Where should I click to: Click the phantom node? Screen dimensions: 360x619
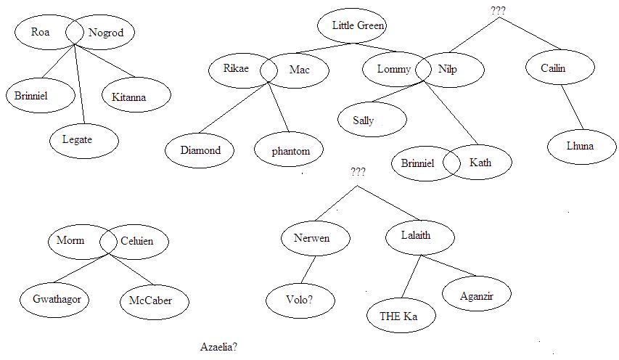pos(290,151)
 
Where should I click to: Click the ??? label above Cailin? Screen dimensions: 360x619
pos(499,11)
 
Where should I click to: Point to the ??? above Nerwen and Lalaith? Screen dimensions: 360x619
pos(358,172)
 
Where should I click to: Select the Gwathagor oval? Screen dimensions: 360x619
pos(55,300)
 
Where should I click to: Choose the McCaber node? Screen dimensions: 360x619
pos(151,300)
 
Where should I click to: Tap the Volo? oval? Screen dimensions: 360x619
pos(300,299)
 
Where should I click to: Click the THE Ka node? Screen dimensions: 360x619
pos(398,316)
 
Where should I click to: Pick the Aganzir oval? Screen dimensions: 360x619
pos(477,295)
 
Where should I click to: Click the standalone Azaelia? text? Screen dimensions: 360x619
pos(219,347)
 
